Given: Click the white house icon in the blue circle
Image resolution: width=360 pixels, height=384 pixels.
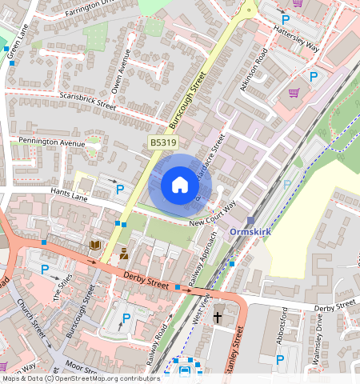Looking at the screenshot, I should pyautogui.click(x=180, y=186).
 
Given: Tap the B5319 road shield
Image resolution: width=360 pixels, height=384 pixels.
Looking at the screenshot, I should pyautogui.click(x=160, y=142).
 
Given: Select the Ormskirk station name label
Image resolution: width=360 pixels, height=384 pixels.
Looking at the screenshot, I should pyautogui.click(x=252, y=232).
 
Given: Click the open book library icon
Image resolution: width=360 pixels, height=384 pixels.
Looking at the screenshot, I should pyautogui.click(x=94, y=245).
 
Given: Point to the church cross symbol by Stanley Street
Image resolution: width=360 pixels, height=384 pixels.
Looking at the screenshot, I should pyautogui.click(x=218, y=318).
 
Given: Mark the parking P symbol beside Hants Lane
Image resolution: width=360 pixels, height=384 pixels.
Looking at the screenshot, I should pyautogui.click(x=120, y=190).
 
